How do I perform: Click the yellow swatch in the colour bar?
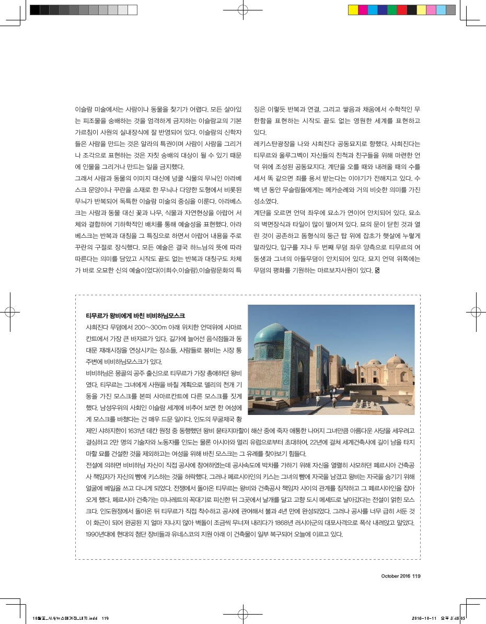(x=353, y=9)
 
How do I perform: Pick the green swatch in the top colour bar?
(x=392, y=9)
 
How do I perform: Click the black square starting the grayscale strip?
(x=35, y=9)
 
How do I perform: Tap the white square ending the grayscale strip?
(x=133, y=9)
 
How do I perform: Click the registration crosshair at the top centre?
(x=242, y=9)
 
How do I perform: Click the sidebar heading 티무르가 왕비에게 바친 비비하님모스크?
(x=135, y=316)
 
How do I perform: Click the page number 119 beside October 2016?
(x=416, y=576)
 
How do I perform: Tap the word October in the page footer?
(x=390, y=576)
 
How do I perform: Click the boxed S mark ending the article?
(x=377, y=270)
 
